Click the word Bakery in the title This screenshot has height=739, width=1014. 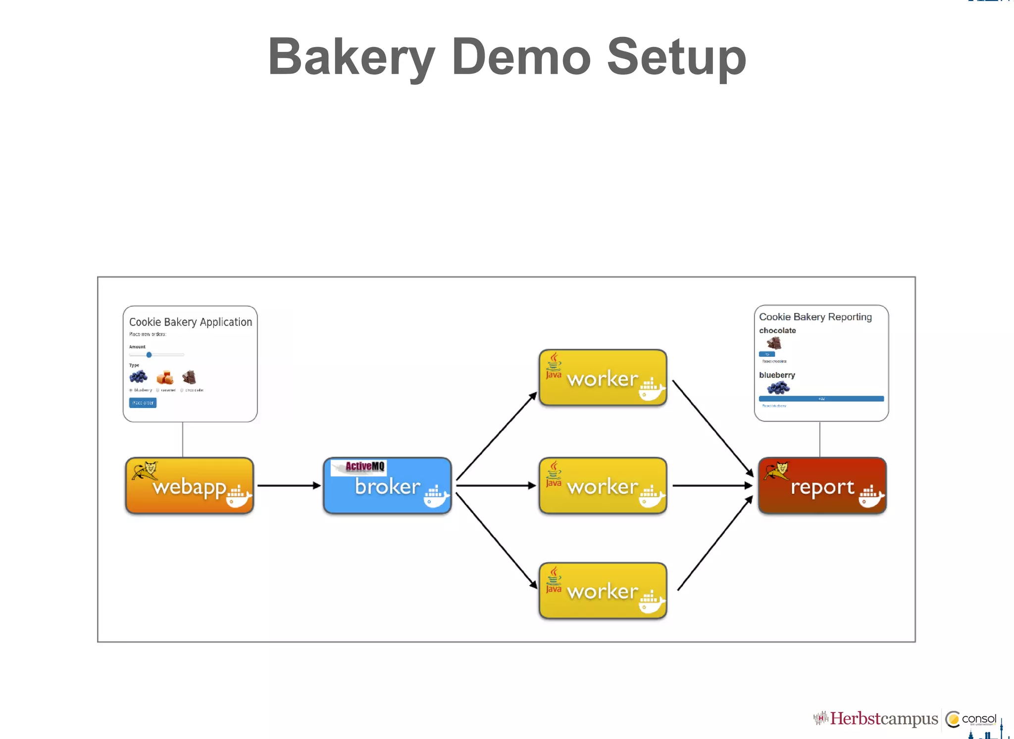[351, 57]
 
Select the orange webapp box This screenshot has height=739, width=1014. [190, 486]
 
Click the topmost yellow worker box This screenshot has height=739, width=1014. [603, 378]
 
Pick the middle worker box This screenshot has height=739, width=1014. [603, 486]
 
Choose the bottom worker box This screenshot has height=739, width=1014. [603, 591]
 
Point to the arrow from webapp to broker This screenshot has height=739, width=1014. [289, 485]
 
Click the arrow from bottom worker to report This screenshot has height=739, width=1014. [715, 543]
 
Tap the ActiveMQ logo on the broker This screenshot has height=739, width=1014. [364, 466]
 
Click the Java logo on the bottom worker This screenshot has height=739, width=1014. [554, 580]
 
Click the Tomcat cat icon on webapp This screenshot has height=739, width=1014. [145, 470]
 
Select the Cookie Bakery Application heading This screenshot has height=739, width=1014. [191, 322]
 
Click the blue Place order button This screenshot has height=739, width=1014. [143, 403]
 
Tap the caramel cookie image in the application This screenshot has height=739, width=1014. [165, 377]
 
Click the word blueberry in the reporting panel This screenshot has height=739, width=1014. [777, 375]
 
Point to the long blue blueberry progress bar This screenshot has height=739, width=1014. [821, 399]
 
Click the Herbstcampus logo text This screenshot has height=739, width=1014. [884, 718]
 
